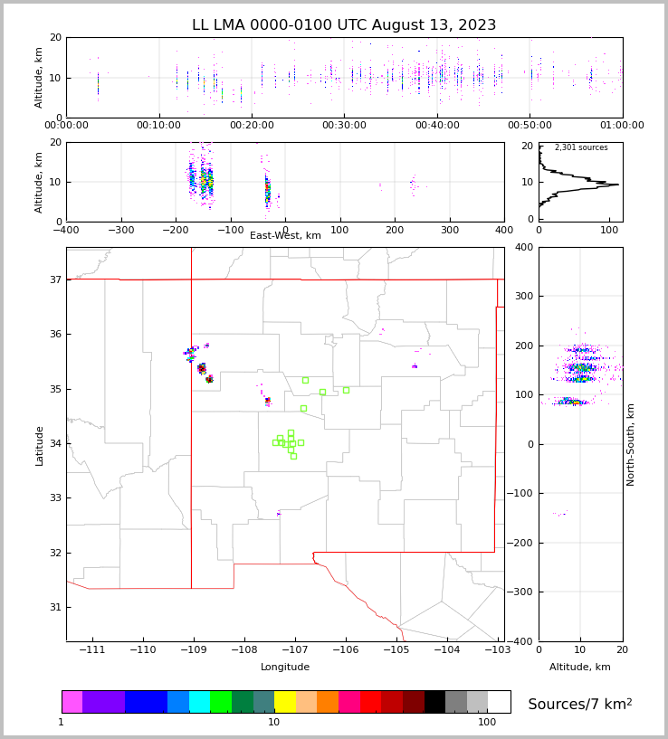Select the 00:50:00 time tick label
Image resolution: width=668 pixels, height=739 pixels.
click(530, 126)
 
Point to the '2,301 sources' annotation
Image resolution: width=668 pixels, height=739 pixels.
click(581, 147)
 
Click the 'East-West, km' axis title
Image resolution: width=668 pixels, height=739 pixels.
click(285, 236)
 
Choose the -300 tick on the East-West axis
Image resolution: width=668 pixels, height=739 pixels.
click(120, 230)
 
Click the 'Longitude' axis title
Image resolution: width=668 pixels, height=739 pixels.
click(285, 668)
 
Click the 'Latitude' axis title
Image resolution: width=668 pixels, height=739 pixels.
click(39, 445)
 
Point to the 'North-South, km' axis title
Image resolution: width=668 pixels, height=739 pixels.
click(631, 444)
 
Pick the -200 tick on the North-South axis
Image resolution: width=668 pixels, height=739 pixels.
click(523, 544)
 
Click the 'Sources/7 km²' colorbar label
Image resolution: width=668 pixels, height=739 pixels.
click(580, 704)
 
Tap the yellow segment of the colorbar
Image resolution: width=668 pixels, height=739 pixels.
click(285, 702)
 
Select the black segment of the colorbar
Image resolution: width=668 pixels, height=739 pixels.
click(434, 702)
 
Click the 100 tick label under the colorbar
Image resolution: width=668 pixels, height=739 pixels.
click(487, 723)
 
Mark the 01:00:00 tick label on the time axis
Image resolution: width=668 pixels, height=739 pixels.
click(622, 126)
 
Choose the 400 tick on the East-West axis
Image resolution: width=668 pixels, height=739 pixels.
click(504, 230)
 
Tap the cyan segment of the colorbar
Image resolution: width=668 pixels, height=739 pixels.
click(199, 702)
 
